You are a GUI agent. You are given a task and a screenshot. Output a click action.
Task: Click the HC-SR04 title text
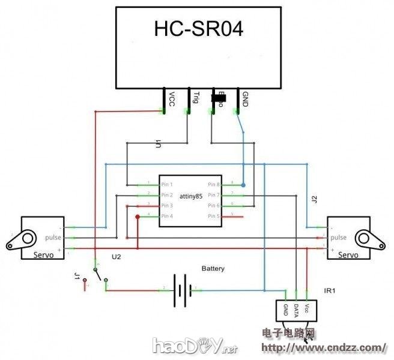tap(199, 29)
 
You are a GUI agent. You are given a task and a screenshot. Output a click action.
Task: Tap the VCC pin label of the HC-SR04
tap(172, 98)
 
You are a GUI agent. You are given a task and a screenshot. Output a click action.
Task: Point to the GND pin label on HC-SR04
tap(244, 98)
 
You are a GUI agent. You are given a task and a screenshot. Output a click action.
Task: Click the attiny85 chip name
tap(193, 196)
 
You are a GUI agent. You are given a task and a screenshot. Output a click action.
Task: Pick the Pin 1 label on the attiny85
tap(167, 184)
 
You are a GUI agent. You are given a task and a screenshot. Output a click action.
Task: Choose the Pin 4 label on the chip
tap(167, 216)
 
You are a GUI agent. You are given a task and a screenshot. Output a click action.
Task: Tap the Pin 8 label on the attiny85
tap(214, 184)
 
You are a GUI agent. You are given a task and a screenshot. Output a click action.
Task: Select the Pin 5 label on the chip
tap(214, 216)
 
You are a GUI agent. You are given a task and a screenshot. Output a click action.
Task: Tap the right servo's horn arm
tap(372, 240)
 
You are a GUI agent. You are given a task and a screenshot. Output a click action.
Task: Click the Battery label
tap(213, 269)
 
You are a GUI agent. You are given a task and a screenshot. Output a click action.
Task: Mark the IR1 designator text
tap(330, 291)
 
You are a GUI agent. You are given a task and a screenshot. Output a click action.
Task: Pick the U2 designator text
tap(117, 257)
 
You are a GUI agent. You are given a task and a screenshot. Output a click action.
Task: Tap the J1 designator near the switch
tap(76, 277)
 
